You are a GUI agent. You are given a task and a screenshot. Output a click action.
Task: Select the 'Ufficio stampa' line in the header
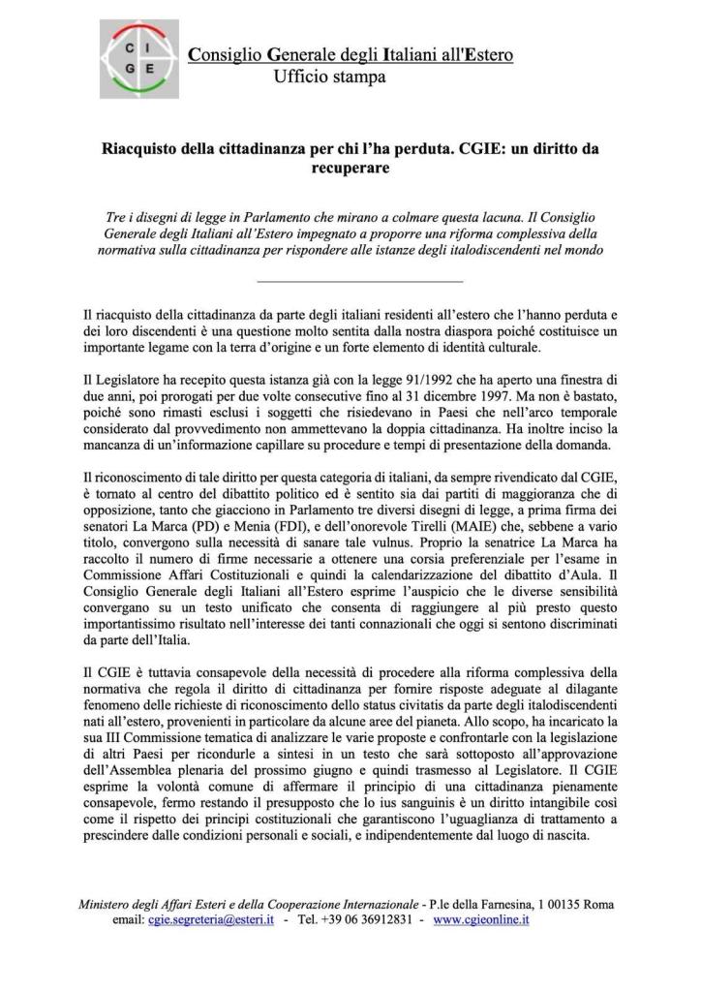pos(329,76)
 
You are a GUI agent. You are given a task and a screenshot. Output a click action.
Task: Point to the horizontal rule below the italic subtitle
pos(357,282)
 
